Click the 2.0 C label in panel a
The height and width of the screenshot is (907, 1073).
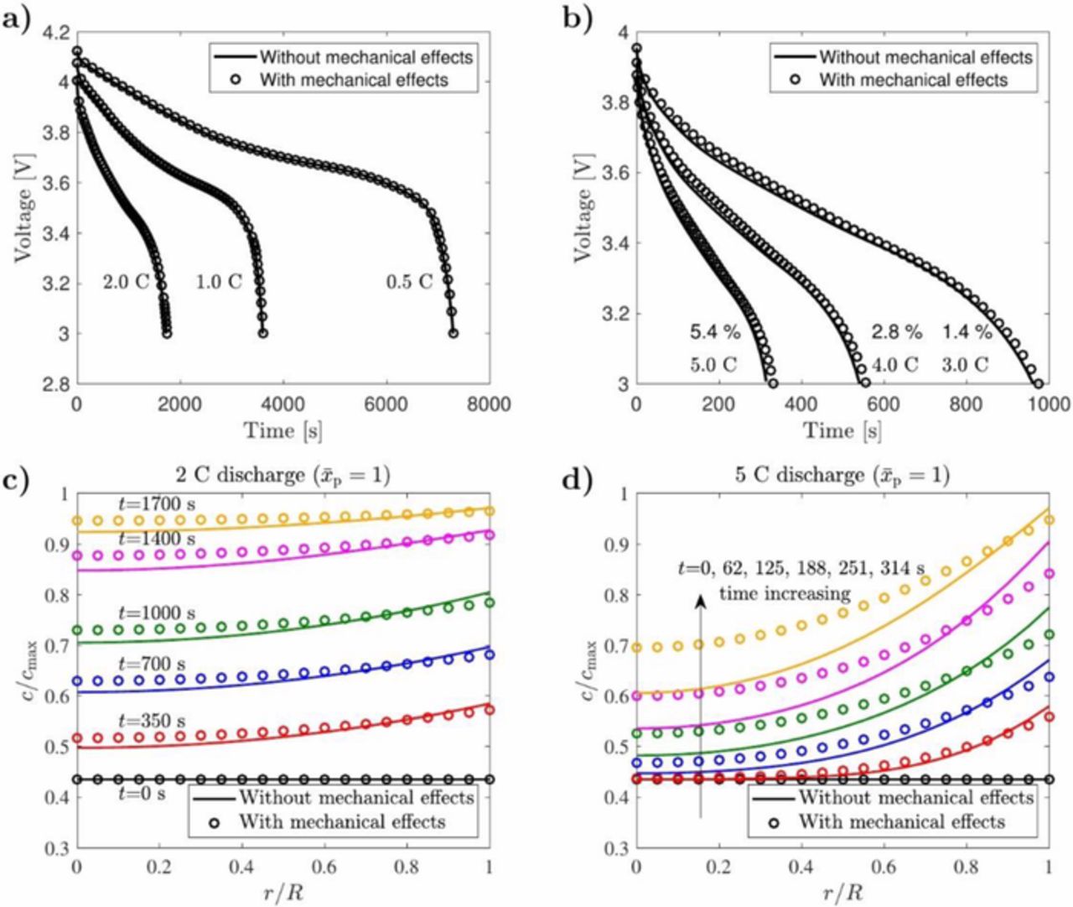tap(126, 282)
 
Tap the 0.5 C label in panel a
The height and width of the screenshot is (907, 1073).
tap(409, 282)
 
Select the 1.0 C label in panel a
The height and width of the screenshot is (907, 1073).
tap(219, 282)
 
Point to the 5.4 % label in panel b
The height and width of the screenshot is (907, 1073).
tap(714, 332)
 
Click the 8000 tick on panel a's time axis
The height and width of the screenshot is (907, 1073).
tap(489, 405)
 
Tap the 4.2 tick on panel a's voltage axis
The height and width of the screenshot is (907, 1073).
tap(51, 33)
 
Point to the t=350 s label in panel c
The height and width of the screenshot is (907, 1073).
tap(152, 721)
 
